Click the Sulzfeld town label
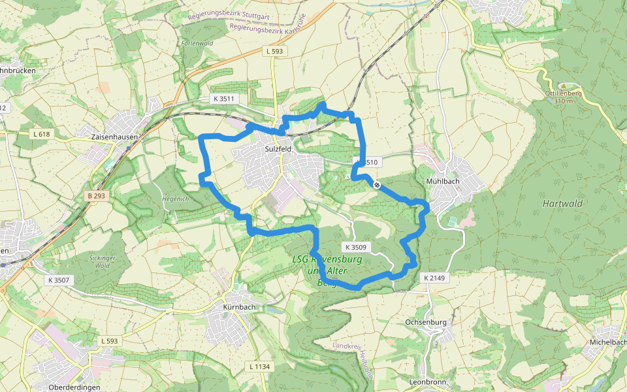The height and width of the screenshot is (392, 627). coord(279,149)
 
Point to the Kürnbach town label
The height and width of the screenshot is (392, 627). coord(234,306)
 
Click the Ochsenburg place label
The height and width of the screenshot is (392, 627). coord(425,322)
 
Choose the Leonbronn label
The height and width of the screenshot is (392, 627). coord(426,382)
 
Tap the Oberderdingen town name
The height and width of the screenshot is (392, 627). coord(74,387)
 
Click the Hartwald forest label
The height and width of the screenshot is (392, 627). coord(562,203)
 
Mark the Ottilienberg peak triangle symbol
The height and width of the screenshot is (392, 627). coord(563,86)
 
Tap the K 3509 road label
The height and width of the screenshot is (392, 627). coord(357,248)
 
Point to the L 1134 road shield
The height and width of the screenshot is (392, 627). coord(259,367)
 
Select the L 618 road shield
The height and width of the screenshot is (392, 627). coord(40,134)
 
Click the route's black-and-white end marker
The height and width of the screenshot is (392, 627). coord(377,185)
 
